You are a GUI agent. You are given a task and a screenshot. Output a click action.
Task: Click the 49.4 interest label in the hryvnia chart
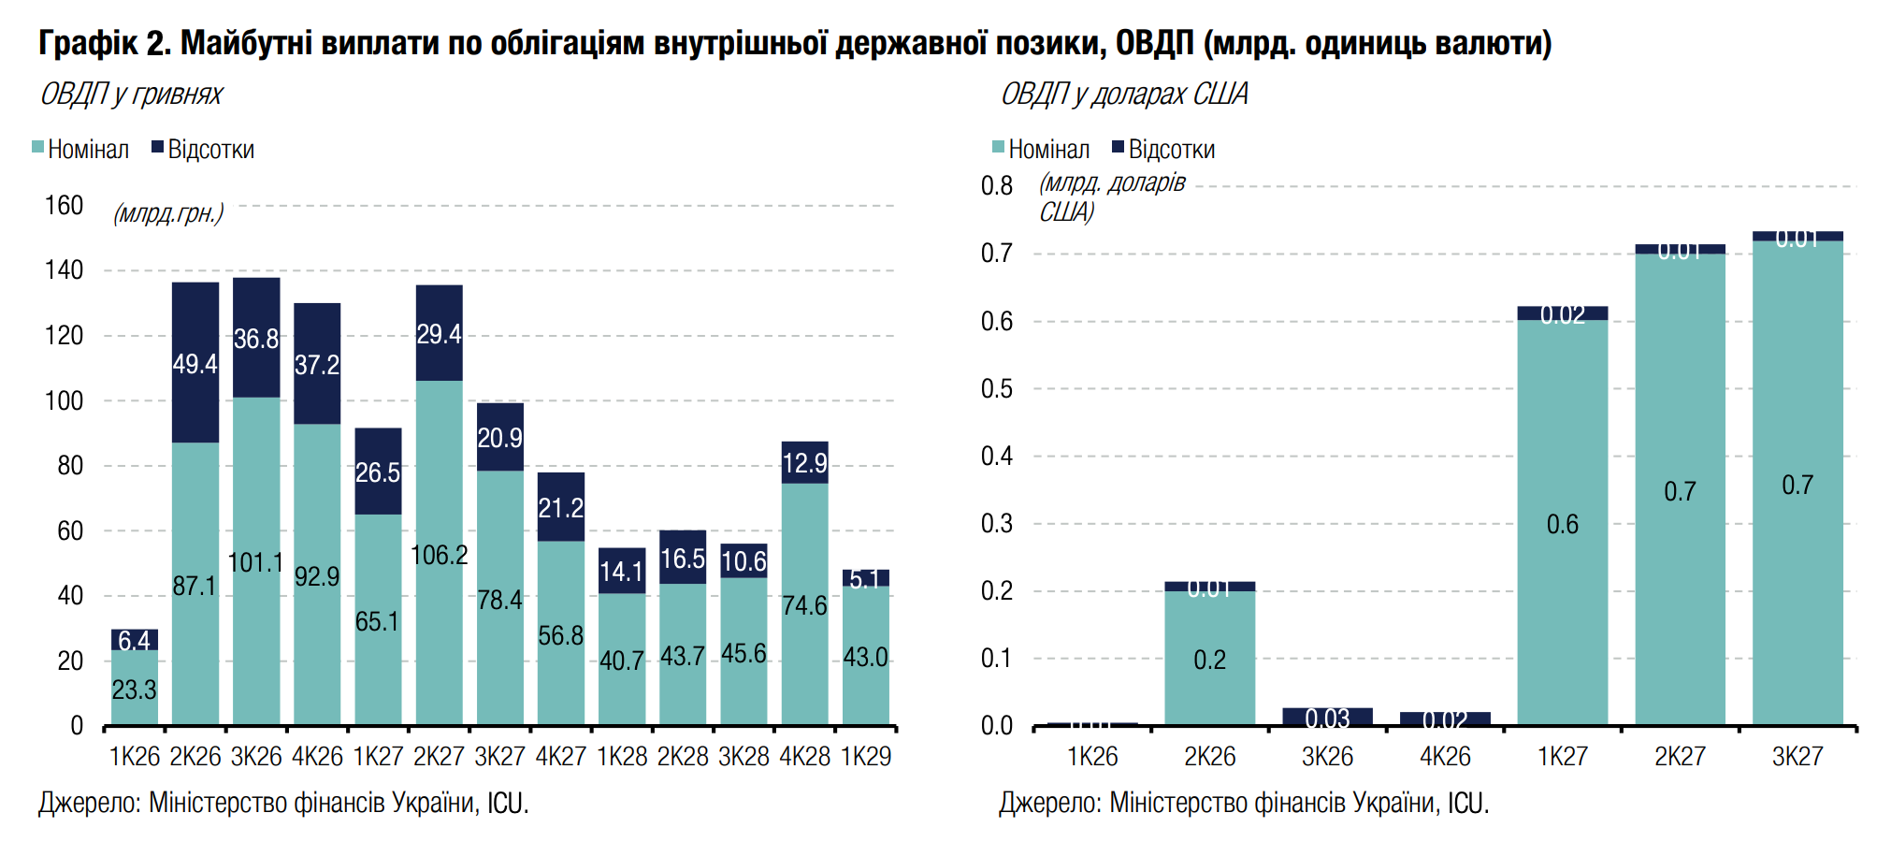(x=195, y=364)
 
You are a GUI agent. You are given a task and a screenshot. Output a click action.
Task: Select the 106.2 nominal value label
(x=439, y=555)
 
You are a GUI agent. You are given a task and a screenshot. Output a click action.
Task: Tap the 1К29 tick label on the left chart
(x=866, y=756)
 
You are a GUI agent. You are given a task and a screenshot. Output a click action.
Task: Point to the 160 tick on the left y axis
(x=64, y=206)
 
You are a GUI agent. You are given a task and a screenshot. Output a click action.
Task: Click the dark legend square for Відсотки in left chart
(x=158, y=147)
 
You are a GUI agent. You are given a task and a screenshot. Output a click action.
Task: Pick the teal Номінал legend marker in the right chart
(x=998, y=147)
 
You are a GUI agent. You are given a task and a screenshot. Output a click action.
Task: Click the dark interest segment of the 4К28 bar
(x=804, y=462)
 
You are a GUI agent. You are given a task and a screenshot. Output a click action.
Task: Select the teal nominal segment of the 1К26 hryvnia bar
(x=135, y=689)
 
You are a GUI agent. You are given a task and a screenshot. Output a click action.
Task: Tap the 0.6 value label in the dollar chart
(x=1562, y=524)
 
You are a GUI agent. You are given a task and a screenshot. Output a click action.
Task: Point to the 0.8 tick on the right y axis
(x=996, y=186)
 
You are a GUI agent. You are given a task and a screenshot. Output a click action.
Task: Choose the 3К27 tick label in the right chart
(x=1797, y=756)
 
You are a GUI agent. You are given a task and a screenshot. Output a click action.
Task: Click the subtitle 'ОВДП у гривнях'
(x=131, y=94)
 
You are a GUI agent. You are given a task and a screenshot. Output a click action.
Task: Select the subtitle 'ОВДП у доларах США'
(x=1124, y=94)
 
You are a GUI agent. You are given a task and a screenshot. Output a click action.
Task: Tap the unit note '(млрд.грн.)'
(x=168, y=213)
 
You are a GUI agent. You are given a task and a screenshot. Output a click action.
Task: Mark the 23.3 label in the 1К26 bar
(x=134, y=690)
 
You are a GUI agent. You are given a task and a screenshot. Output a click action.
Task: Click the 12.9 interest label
(x=804, y=463)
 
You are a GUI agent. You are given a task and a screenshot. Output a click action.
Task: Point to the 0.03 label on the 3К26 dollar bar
(x=1327, y=719)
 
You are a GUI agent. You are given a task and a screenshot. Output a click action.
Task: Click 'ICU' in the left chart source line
(x=506, y=803)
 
